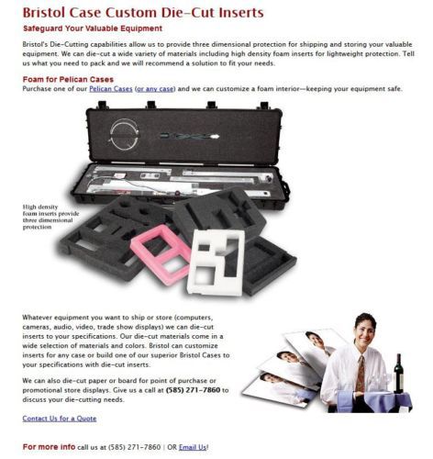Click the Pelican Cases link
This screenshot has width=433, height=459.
tap(111, 89)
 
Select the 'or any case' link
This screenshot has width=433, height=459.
tap(155, 89)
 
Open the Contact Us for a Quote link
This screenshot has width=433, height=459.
tap(60, 419)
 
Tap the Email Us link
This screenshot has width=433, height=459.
tap(193, 447)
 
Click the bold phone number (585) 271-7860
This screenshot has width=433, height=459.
tap(193, 390)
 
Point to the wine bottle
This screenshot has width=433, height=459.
tap(398, 374)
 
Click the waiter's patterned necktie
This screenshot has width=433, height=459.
tap(361, 374)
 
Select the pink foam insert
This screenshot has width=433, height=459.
tap(161, 254)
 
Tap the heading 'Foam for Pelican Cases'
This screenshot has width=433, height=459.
tap(68, 80)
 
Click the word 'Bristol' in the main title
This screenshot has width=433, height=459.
tap(44, 13)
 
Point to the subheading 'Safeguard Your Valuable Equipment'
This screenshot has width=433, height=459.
tap(93, 28)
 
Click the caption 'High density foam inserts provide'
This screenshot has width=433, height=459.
tap(50, 210)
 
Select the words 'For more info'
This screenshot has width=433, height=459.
tap(49, 447)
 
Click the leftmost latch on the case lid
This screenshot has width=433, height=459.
tap(103, 105)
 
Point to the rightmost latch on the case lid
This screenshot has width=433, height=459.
tap(263, 106)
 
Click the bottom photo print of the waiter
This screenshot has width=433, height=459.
tap(280, 388)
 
